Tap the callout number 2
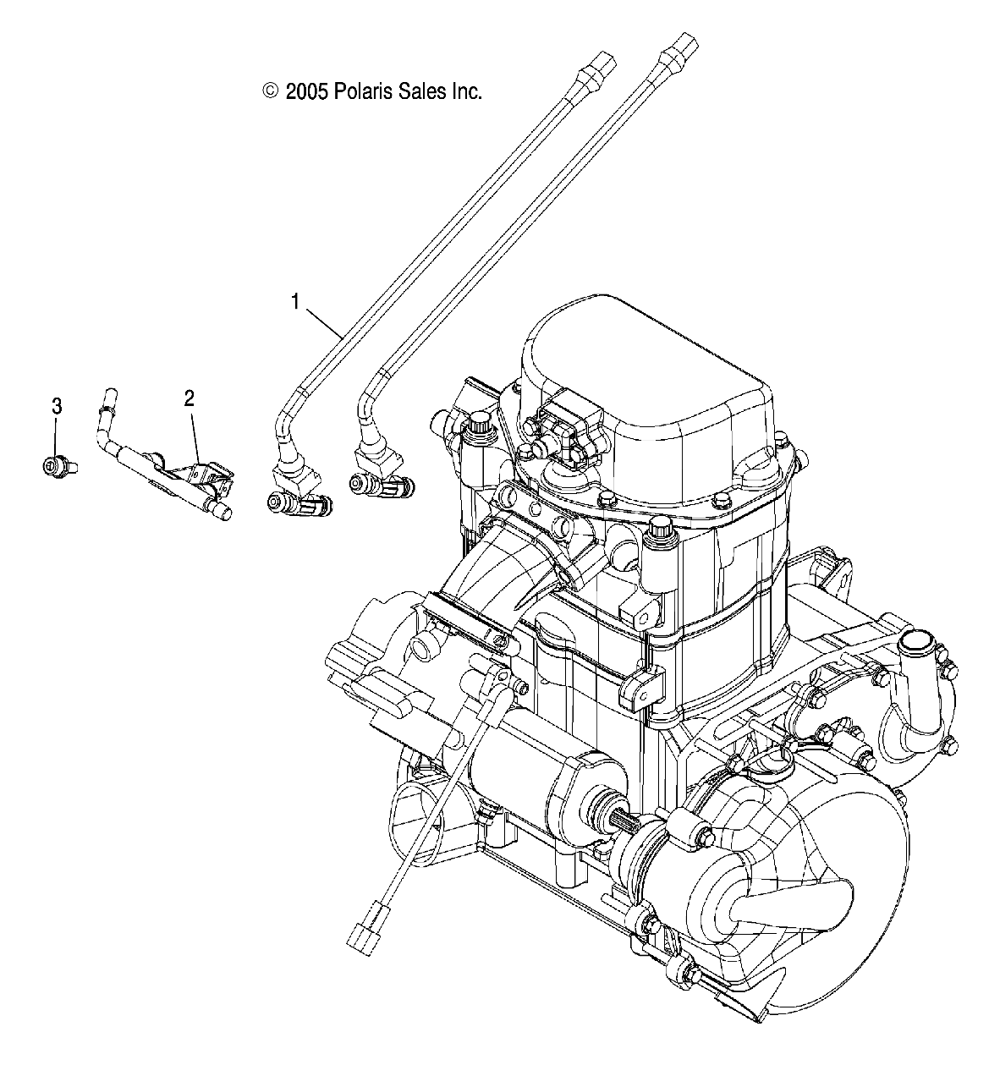pyautogui.click(x=190, y=398)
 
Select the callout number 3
pyautogui.click(x=58, y=406)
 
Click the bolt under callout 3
pyautogui.click(x=57, y=464)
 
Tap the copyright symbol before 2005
pyautogui.click(x=271, y=91)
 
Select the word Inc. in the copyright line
pyautogui.click(x=465, y=91)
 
